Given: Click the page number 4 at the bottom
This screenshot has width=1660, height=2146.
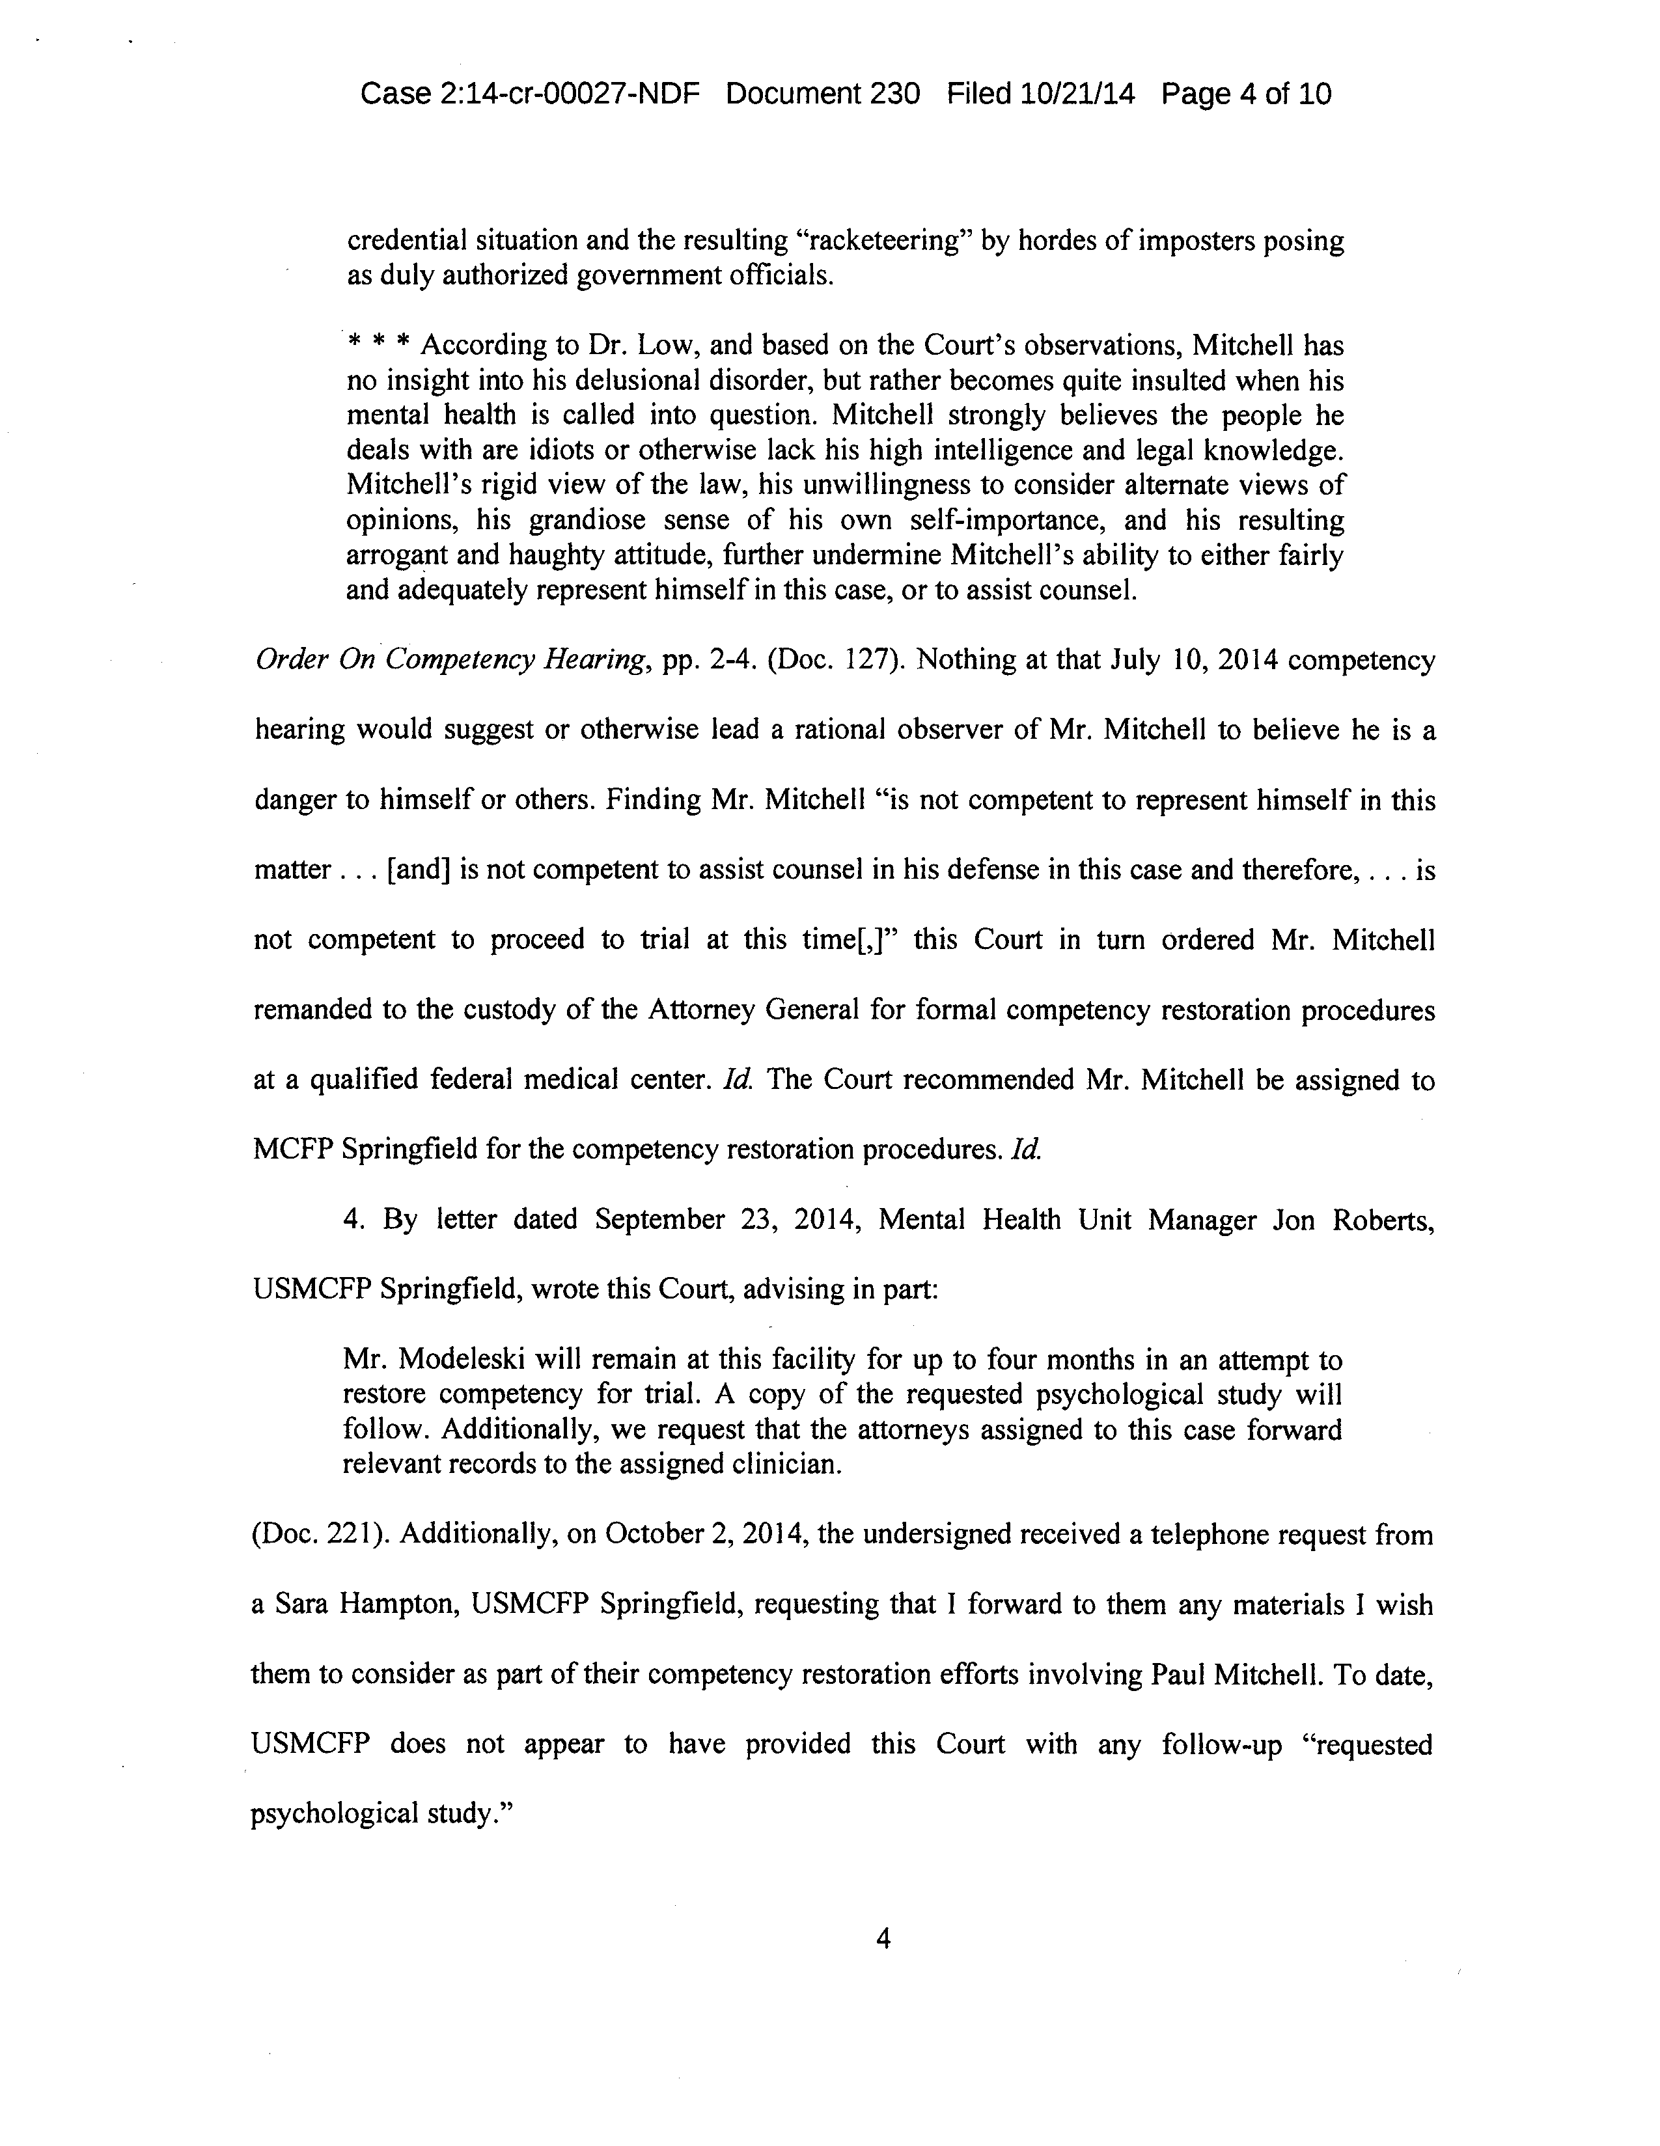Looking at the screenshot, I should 883,1938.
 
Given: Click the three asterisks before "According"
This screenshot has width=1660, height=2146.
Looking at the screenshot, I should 378,346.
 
